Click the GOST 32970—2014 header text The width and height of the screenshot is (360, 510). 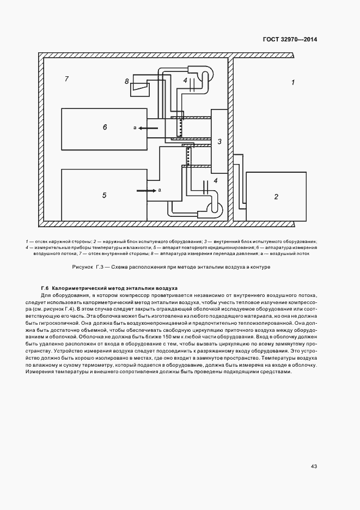point(290,39)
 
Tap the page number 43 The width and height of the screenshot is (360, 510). point(314,466)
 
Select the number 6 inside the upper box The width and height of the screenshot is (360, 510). point(105,127)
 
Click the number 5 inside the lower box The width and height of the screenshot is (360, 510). point(105,194)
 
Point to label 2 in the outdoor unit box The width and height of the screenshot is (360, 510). point(276,196)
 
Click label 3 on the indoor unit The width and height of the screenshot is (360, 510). point(219,142)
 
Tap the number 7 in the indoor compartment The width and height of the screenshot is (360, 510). point(66,79)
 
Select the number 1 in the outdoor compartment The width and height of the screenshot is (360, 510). point(292,82)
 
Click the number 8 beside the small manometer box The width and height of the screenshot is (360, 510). point(126,81)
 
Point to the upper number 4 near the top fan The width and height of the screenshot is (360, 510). point(185,80)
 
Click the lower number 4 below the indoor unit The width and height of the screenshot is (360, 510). point(215,180)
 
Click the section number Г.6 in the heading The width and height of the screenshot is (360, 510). point(45,288)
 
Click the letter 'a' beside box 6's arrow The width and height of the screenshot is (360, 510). point(135,127)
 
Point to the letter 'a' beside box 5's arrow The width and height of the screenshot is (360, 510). point(159,190)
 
